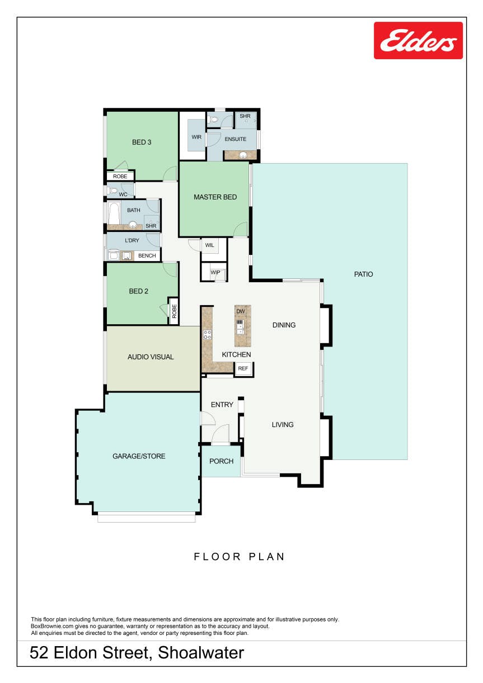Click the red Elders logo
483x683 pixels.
coord(418,41)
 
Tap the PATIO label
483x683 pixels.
coord(363,274)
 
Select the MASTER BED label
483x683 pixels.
coord(215,197)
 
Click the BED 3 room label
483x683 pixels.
coord(142,143)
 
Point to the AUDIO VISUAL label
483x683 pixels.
coord(151,357)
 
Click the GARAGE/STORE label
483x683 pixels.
coord(139,456)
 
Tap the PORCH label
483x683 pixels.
coord(221,461)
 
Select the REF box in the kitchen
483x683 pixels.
coord(243,369)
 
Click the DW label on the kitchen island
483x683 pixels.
coord(241,311)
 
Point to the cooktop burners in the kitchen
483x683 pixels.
coord(207,334)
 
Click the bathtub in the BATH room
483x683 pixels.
coord(114,213)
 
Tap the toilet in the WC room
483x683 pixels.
coord(112,191)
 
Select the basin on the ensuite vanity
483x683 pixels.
coord(243,155)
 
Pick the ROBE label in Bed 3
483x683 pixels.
coord(120,177)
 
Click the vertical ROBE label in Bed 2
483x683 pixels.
coord(174,311)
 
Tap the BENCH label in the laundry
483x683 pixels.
coord(147,256)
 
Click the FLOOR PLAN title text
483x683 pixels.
coord(240,557)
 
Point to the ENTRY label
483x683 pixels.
coord(222,405)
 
